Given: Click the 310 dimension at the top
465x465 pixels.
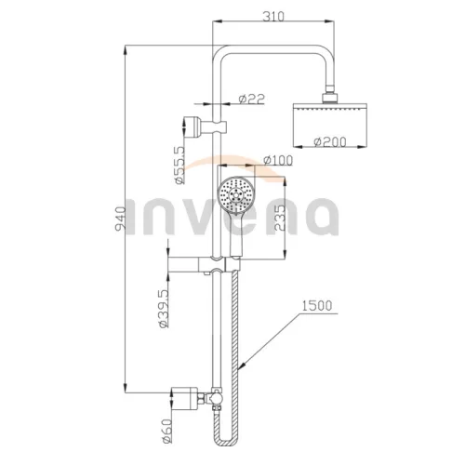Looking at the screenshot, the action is tap(273, 17).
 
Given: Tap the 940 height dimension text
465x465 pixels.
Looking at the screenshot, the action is tap(121, 219).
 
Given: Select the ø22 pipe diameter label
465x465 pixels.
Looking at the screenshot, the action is tap(252, 99).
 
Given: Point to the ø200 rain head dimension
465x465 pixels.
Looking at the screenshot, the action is tap(329, 142).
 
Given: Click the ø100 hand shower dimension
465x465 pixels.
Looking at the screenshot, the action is tap(278, 160).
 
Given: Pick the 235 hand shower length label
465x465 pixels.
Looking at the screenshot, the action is tap(280, 218).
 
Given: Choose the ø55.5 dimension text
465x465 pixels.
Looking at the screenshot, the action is tap(179, 165).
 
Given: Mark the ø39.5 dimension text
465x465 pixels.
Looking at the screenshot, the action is tap(164, 308).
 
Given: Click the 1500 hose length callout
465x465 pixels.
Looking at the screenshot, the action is tap(317, 306).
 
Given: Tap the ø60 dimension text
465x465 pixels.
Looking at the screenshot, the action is tap(166, 431).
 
